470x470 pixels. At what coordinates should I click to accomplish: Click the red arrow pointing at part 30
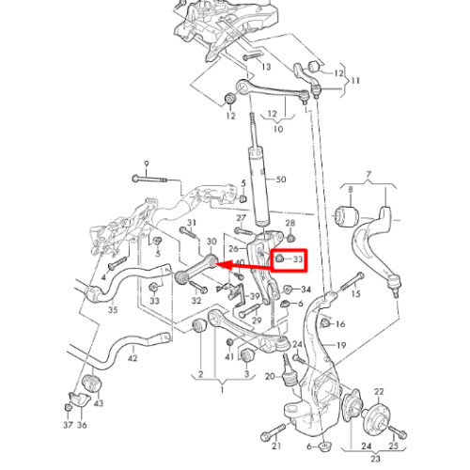click(244, 266)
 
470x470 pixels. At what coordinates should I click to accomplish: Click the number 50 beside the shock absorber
click(281, 180)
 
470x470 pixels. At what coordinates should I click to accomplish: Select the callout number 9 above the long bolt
click(147, 164)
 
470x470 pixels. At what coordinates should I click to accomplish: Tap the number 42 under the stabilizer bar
click(133, 357)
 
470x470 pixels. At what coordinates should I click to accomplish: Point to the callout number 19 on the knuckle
click(341, 345)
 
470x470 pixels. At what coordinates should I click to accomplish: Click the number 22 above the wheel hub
click(379, 392)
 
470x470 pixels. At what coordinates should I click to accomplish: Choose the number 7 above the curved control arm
click(368, 174)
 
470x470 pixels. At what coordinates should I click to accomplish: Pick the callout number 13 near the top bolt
click(266, 67)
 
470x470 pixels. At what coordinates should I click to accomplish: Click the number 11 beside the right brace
click(355, 81)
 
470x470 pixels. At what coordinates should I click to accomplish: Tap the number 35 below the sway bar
click(113, 309)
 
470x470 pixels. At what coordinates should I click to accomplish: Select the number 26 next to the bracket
click(234, 249)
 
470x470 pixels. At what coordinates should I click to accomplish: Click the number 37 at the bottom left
click(68, 425)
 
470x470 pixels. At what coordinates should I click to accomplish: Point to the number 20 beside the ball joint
click(270, 376)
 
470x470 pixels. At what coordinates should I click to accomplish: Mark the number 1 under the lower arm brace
click(222, 390)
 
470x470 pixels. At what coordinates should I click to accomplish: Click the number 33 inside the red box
click(298, 259)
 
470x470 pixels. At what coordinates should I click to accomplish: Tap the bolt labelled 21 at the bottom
click(274, 432)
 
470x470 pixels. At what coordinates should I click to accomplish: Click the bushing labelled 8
click(347, 215)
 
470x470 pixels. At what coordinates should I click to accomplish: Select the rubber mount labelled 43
click(92, 383)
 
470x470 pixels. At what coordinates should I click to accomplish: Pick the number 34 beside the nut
click(305, 289)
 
